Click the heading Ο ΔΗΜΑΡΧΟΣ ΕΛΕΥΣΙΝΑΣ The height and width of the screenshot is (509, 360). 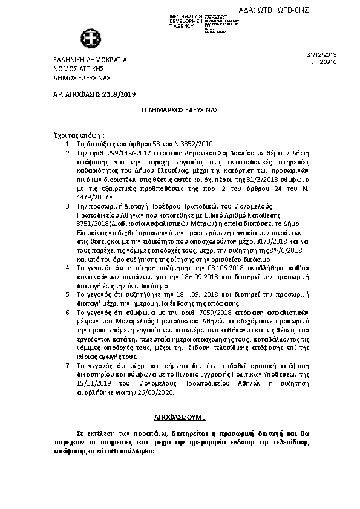point(179,112)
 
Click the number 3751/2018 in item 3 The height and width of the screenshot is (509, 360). point(88,224)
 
